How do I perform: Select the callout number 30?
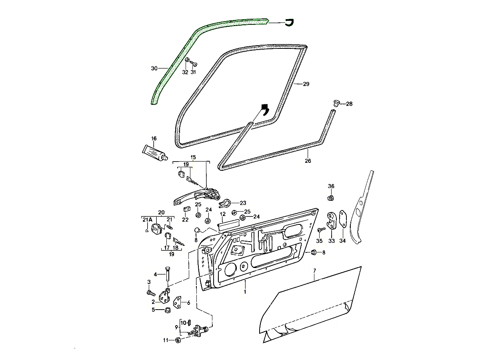point(154,69)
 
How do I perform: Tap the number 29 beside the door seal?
point(306,84)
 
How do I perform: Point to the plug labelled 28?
point(336,104)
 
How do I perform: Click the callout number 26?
point(308,161)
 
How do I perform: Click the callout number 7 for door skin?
point(315,271)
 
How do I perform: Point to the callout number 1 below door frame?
point(245,293)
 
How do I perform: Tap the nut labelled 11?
point(178,340)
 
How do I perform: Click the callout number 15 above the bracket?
point(193,157)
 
